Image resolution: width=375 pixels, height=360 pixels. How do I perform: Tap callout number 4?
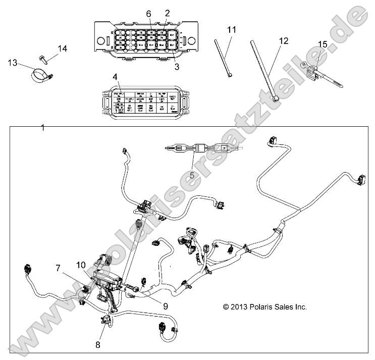click(x=115, y=77)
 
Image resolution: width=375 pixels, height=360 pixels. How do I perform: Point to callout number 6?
click(x=148, y=14)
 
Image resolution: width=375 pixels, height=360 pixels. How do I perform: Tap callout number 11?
click(x=231, y=31)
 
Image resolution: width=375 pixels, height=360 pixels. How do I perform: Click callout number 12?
click(x=284, y=40)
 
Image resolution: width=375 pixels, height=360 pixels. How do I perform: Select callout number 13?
click(x=12, y=62)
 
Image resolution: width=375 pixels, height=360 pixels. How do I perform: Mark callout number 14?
click(x=62, y=48)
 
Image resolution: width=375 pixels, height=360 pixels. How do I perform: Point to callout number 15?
click(x=322, y=44)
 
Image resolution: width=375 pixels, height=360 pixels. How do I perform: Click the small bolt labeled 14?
click(x=43, y=59)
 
